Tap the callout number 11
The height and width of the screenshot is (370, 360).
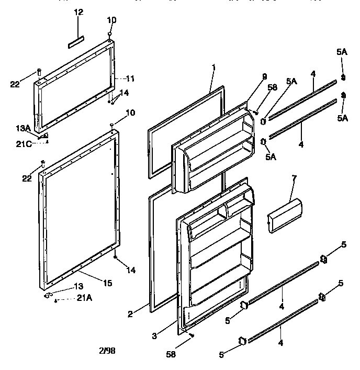(x=130, y=79)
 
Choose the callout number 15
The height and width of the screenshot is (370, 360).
(x=107, y=283)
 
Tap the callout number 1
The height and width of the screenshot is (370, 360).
(x=213, y=68)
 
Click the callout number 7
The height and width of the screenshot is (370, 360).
(x=294, y=180)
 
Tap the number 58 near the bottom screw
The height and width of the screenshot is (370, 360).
(x=171, y=354)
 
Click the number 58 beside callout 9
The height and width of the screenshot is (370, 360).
(x=272, y=88)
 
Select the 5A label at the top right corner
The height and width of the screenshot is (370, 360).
(x=342, y=52)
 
